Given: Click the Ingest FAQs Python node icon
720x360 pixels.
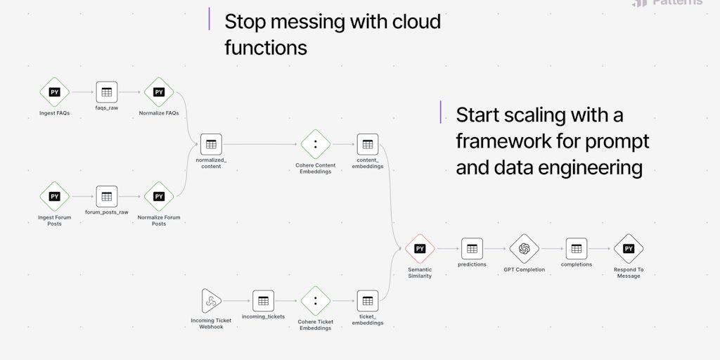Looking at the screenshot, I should pos(54,92).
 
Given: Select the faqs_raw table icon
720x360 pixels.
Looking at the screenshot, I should pos(106,92).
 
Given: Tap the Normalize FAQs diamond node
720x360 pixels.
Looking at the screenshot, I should pos(159,92).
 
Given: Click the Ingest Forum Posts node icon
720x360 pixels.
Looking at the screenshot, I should pos(54,197).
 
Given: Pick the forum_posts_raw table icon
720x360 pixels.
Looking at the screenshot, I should pos(106,197).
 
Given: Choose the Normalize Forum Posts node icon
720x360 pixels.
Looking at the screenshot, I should pos(159,197).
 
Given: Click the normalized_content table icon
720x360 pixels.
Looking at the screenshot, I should pos(211,144).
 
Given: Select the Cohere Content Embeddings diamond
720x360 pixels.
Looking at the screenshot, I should pos(315,144).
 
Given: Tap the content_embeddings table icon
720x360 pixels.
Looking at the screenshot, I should pos(367,144).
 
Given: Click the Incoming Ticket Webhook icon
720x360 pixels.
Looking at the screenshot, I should pos(211,301).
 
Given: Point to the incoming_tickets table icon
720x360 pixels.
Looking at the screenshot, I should pos(263,301).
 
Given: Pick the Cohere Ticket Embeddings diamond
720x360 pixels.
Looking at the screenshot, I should pos(315,301).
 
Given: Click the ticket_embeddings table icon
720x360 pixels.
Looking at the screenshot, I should pos(367,301).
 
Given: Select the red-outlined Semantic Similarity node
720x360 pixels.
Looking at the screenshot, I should pos(420,249).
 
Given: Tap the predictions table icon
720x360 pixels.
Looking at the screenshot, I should pos(472,249).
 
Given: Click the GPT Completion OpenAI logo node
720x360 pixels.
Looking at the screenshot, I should pos(524,249).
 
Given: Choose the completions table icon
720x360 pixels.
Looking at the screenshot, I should pos(576,249).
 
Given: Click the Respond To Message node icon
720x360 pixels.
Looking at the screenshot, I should pos(629,249).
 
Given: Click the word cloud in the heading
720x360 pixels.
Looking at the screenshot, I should pos(414,22).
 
